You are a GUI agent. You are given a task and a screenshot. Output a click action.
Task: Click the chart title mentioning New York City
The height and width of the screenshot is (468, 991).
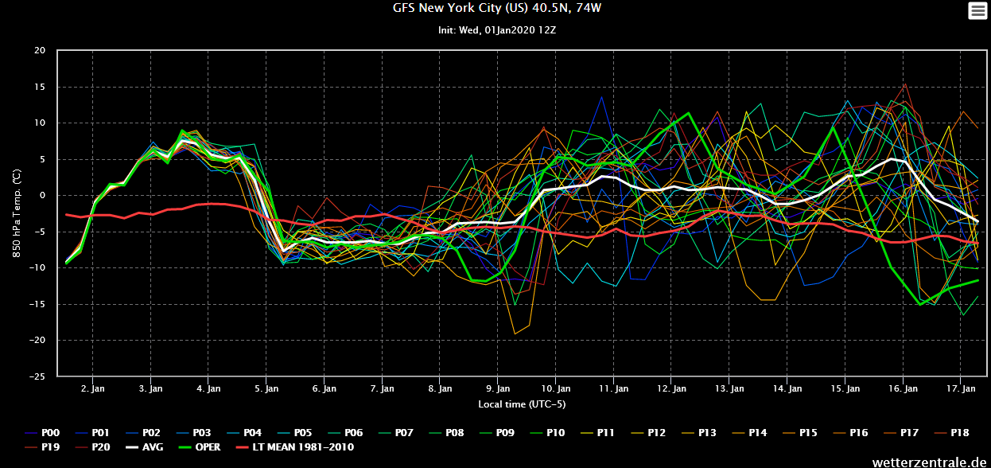pyautogui.click(x=495, y=9)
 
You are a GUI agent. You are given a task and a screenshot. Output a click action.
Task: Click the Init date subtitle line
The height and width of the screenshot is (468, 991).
pyautogui.click(x=495, y=30)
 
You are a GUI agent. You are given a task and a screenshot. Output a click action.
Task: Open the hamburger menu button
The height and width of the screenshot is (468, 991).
pyautogui.click(x=976, y=10)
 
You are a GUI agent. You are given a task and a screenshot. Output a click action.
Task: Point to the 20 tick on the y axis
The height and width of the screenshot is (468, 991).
pyautogui.click(x=40, y=51)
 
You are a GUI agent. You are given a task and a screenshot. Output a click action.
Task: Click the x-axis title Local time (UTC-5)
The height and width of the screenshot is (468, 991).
pyautogui.click(x=522, y=404)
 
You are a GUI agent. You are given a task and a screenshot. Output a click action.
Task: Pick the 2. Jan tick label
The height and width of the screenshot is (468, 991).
pyautogui.click(x=93, y=389)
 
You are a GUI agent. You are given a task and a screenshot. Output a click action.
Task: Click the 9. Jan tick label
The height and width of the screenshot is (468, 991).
pyautogui.click(x=497, y=389)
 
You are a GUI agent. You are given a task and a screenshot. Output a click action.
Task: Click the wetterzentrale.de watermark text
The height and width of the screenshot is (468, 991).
pyautogui.click(x=930, y=461)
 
